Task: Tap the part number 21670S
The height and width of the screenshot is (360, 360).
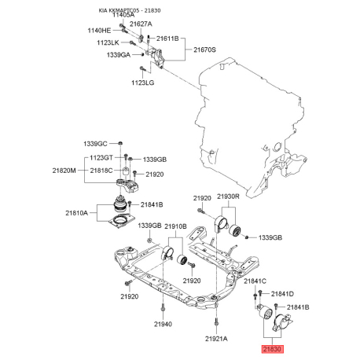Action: click(201, 49)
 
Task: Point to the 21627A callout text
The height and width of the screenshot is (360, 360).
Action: click(141, 24)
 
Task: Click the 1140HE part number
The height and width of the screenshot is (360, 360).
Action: click(99, 30)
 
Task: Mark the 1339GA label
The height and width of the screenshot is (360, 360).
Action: click(115, 54)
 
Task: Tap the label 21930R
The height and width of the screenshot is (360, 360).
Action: click(229, 197)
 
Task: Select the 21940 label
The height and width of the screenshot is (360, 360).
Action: click(163, 324)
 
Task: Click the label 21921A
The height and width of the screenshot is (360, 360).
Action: click(216, 338)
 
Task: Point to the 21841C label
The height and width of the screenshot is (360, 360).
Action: click(255, 281)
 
